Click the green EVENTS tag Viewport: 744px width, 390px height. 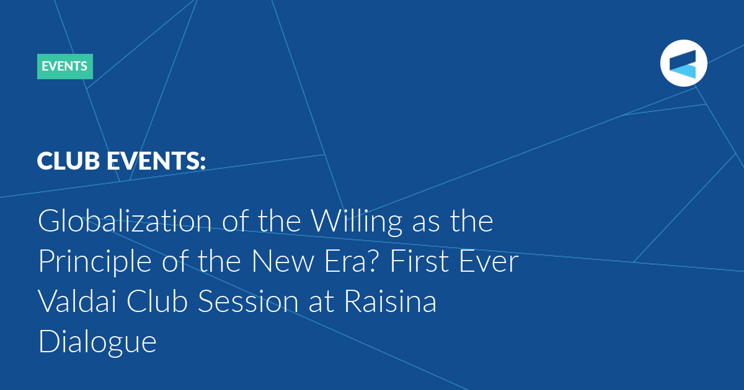click(65, 66)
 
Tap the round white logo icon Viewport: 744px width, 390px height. click(683, 63)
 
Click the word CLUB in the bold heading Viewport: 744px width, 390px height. click(68, 161)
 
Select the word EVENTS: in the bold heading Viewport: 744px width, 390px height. click(156, 161)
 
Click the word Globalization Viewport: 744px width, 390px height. click(125, 221)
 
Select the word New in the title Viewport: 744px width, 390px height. click(283, 261)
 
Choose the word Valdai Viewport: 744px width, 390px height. click(77, 301)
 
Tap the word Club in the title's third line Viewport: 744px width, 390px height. click(157, 301)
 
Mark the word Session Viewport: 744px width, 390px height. click(248, 301)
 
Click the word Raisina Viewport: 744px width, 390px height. click(390, 301)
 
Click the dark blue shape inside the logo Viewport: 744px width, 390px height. click(683, 59)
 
